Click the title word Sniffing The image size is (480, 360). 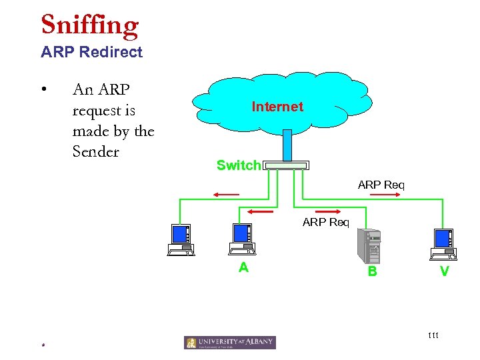coord(89,25)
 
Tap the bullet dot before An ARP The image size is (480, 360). coord(43,89)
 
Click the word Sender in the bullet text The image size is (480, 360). coord(95,152)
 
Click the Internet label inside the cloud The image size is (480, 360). coord(277,107)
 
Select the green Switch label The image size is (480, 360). coord(238,165)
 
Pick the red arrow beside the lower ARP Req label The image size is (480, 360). coord(260,211)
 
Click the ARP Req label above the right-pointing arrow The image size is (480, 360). coord(381,184)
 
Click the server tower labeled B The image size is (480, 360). coord(369,245)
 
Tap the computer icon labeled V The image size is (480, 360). coord(443,244)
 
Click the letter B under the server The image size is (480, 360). coord(372,271)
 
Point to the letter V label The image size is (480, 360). coord(444,271)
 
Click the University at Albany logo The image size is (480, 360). coord(229,343)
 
